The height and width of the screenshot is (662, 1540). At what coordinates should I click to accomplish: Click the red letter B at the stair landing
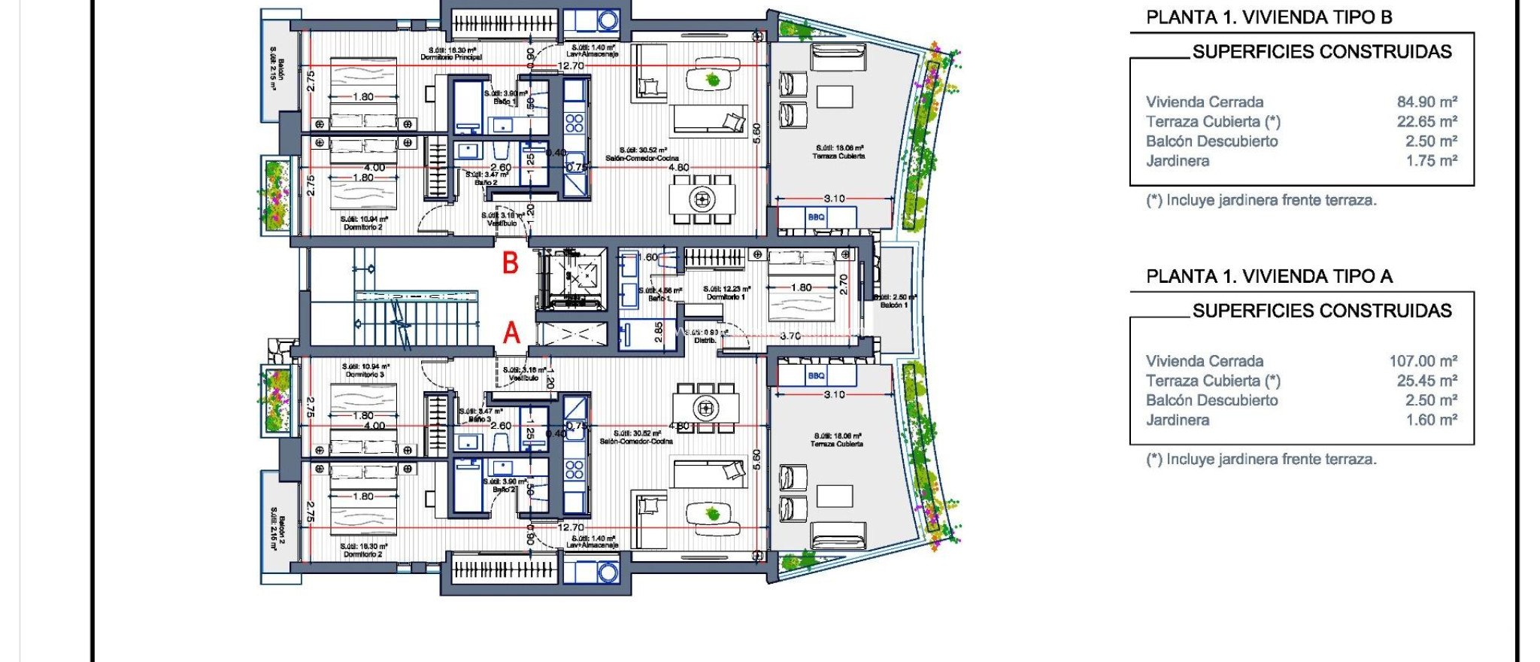pyautogui.click(x=511, y=263)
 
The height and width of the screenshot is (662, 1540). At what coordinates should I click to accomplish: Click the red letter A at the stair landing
pyautogui.click(x=511, y=332)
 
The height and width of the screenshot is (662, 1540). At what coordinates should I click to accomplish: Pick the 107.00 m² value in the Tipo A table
pyautogui.click(x=1423, y=361)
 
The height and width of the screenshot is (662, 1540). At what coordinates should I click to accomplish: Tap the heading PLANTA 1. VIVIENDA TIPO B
pyautogui.click(x=1269, y=17)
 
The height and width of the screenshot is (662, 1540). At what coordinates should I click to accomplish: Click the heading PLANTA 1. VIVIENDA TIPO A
pyautogui.click(x=1269, y=276)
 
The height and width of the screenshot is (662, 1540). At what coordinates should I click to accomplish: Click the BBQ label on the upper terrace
pyautogui.click(x=816, y=217)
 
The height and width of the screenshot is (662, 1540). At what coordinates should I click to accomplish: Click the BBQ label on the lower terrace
pyautogui.click(x=816, y=376)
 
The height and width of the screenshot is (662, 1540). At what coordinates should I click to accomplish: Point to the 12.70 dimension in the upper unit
pyautogui.click(x=571, y=66)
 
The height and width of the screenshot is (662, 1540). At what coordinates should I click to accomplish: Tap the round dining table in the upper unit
pyautogui.click(x=702, y=199)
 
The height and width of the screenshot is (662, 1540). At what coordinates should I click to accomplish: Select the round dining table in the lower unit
pyautogui.click(x=705, y=408)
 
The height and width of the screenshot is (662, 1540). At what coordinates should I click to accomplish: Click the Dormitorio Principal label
pyautogui.click(x=451, y=56)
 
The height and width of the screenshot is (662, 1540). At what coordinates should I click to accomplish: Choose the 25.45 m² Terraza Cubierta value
pyautogui.click(x=1426, y=381)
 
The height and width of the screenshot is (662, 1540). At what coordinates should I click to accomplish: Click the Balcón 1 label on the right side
pyautogui.click(x=894, y=305)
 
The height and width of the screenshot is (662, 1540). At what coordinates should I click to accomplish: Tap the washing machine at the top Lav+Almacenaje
pyautogui.click(x=607, y=20)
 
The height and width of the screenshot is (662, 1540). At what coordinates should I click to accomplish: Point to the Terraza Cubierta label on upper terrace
pyautogui.click(x=838, y=156)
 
